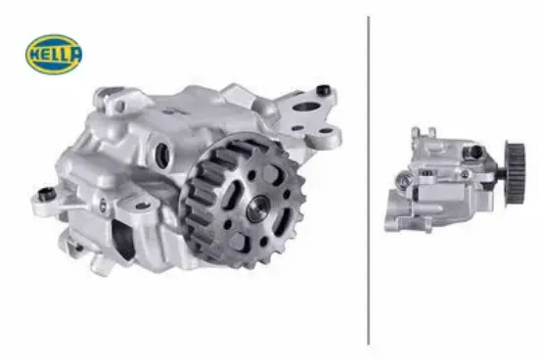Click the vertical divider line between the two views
click(369, 180)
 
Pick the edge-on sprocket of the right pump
click(516, 173)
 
